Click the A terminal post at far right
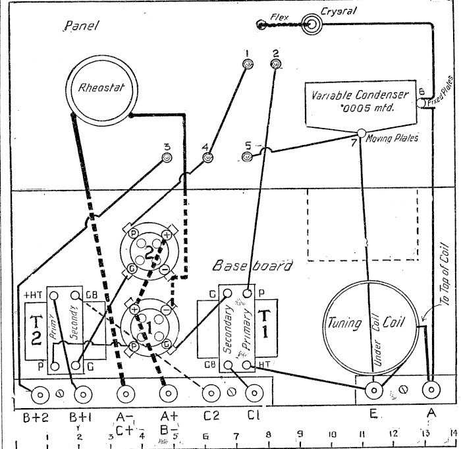coord(431,390)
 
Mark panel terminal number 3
coord(167,158)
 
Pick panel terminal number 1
coord(247,64)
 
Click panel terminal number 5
coord(247,157)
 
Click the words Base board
coord(252,266)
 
